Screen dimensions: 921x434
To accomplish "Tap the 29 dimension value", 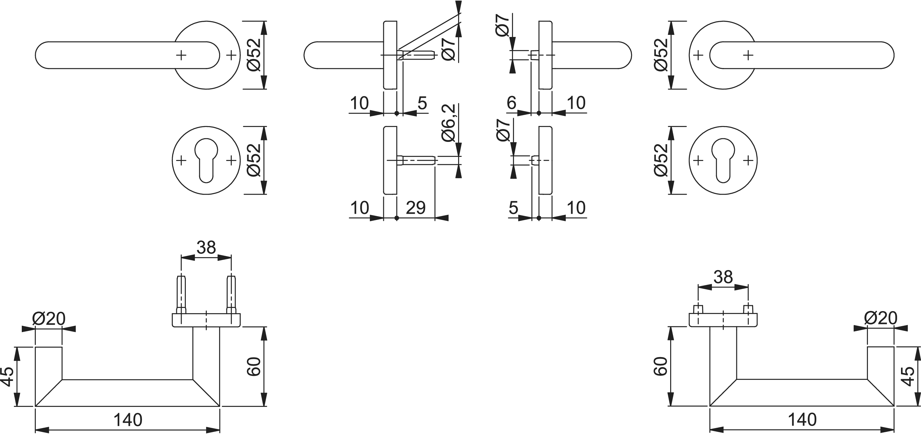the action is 416,207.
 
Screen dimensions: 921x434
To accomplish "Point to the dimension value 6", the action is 512,103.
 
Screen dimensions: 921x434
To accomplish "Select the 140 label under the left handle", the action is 128,420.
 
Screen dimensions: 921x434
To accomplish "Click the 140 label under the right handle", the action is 802,420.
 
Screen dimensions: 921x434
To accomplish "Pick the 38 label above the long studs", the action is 206,247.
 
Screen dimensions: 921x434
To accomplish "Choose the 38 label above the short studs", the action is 723,277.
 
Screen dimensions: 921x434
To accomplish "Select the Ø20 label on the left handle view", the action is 49,319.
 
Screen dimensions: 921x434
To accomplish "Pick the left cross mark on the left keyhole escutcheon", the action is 181,160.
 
